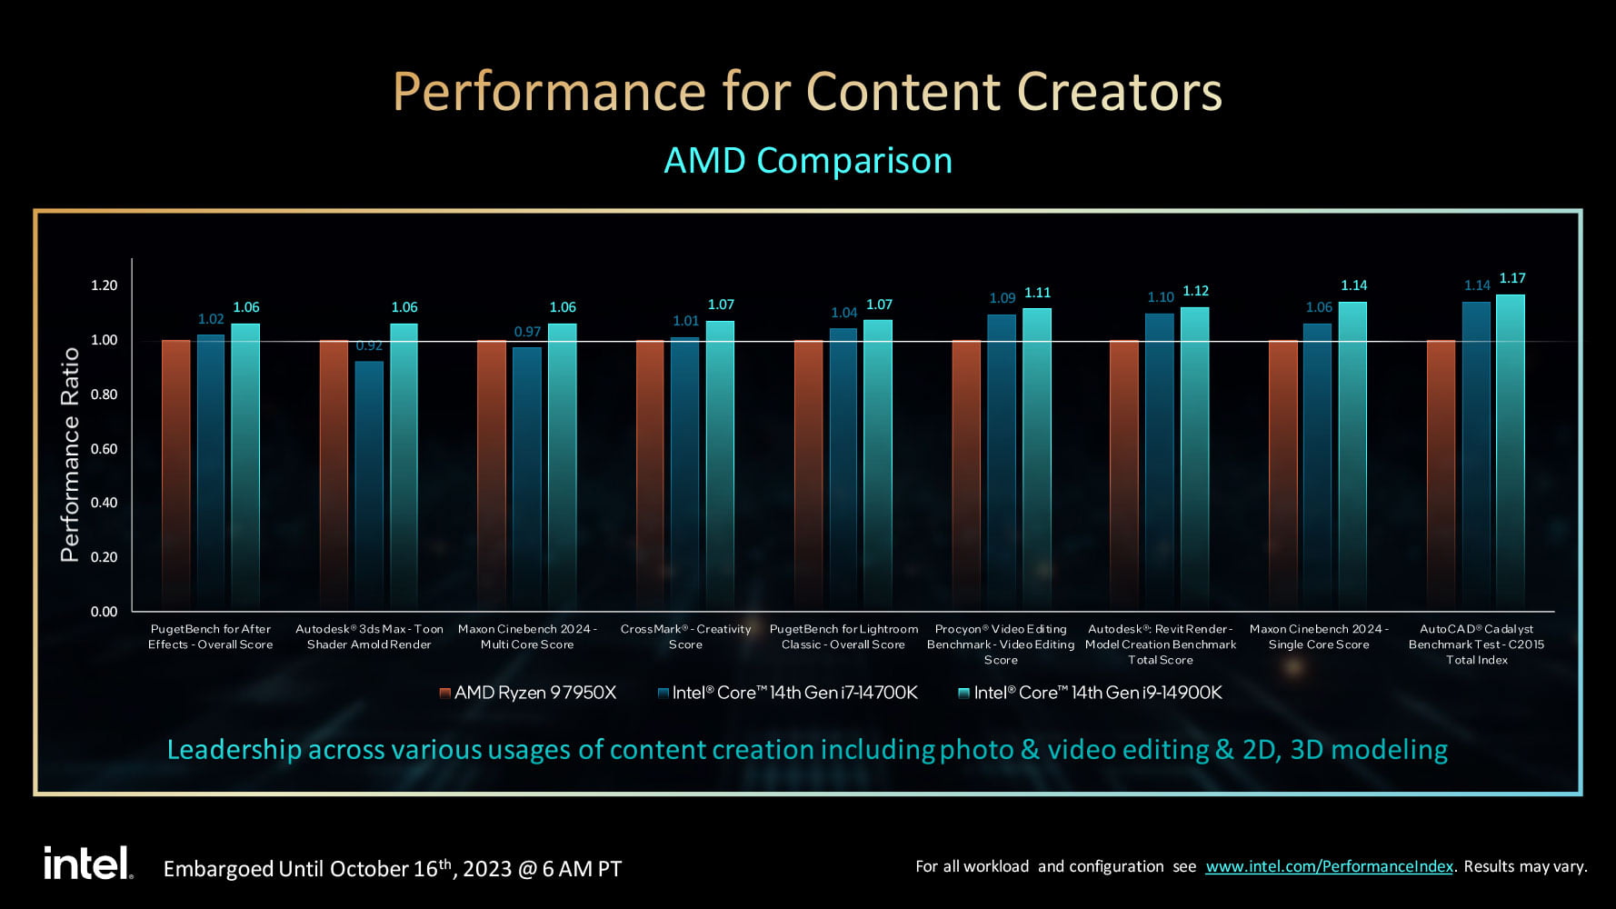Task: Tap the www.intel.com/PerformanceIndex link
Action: (x=1329, y=866)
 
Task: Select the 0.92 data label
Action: (x=369, y=345)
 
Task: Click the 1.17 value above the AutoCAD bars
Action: (x=1512, y=278)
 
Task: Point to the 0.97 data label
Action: (x=527, y=332)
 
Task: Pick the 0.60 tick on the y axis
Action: (x=104, y=449)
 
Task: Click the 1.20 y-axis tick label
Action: (x=104, y=285)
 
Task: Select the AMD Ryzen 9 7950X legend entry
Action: (x=527, y=693)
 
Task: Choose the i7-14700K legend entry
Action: (x=787, y=693)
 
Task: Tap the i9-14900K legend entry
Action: (x=1090, y=693)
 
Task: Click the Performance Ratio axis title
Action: (x=70, y=454)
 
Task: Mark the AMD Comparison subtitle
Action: (x=808, y=160)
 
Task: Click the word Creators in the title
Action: (x=1119, y=91)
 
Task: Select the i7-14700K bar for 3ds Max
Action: (x=369, y=485)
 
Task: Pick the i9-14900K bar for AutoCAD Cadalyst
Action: (x=1511, y=452)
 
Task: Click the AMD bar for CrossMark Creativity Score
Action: (x=650, y=475)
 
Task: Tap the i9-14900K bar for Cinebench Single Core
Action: (x=1352, y=455)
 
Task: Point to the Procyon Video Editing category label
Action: (x=1001, y=644)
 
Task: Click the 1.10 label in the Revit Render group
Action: (x=1161, y=297)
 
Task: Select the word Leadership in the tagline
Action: (x=234, y=750)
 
